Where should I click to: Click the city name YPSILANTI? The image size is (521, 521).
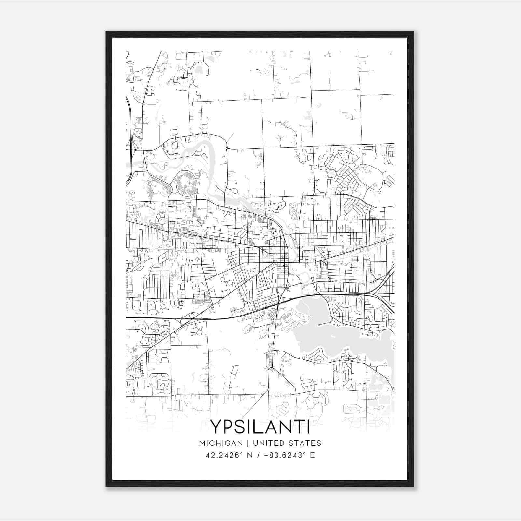coord(260,426)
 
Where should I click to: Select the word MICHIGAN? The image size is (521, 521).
coord(221,443)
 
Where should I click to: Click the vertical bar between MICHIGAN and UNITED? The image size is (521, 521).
coord(248,443)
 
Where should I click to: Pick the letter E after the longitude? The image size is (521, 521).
coord(313,455)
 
